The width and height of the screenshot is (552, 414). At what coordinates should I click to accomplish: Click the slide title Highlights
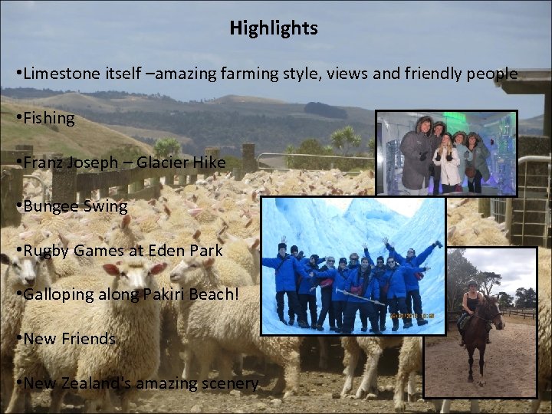tap(273, 29)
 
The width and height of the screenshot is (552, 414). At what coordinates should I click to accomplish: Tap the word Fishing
tap(49, 118)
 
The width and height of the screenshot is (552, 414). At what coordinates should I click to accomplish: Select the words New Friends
tap(69, 338)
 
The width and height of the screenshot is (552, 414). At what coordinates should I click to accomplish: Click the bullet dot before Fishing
tap(18, 118)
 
